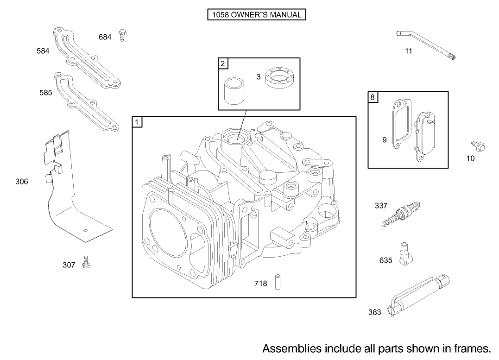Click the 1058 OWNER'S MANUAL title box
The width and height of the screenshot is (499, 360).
[256, 15]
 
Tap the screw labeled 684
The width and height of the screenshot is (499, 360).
[123, 35]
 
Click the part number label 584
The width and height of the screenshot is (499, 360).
[43, 51]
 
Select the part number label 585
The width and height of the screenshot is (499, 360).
[45, 93]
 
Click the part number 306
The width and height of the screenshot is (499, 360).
[22, 182]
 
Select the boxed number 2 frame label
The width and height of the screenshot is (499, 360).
[223, 63]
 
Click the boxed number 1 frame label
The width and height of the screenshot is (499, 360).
[137, 122]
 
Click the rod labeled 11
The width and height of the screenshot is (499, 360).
[426, 44]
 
